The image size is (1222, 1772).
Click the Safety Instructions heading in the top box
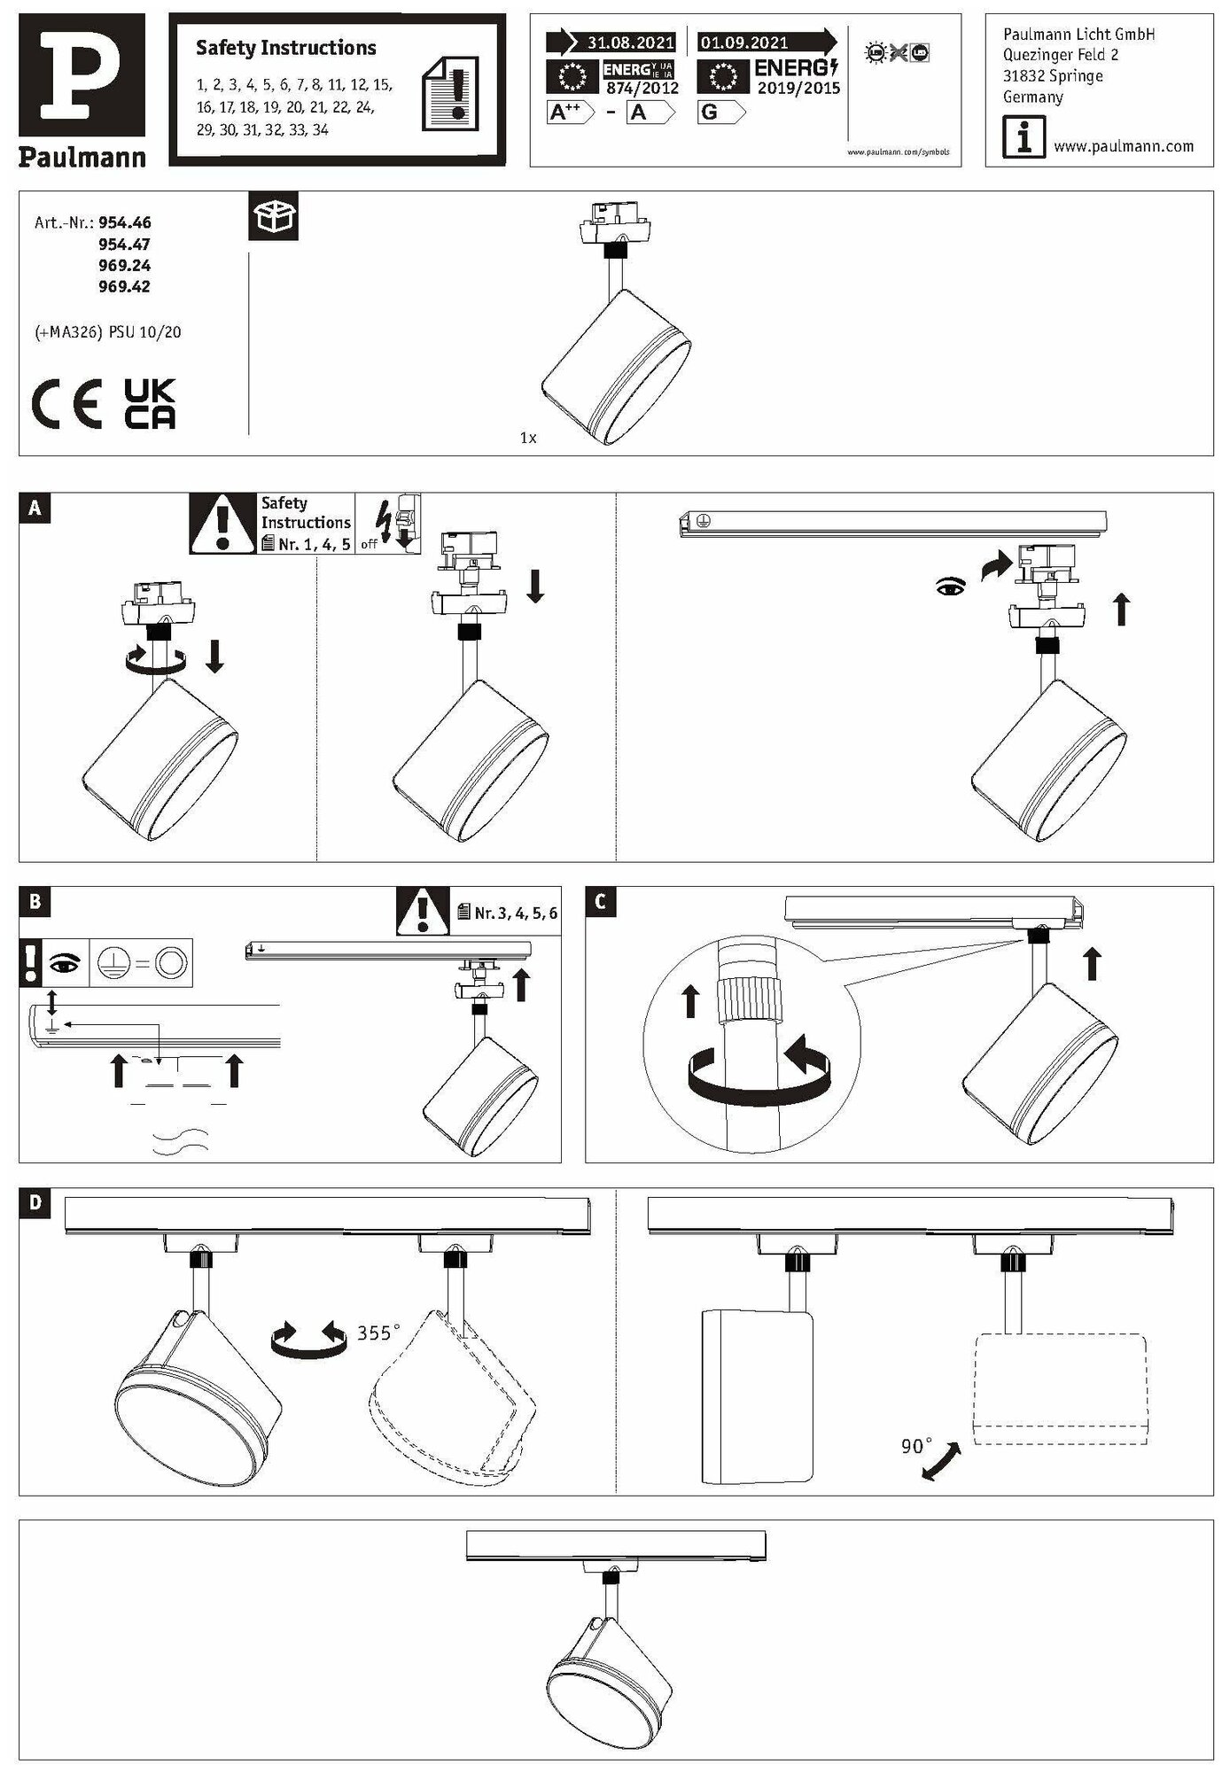click(x=285, y=48)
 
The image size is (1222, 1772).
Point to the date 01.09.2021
click(x=743, y=43)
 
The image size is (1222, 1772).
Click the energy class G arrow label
click(x=720, y=113)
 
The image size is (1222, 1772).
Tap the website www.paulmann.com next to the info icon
click(x=1123, y=147)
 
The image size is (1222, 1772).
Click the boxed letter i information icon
click(x=1023, y=140)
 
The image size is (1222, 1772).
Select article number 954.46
click(x=124, y=223)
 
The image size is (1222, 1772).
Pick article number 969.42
click(x=124, y=287)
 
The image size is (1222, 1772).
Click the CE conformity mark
click(x=66, y=404)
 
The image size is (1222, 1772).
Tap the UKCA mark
click(x=150, y=404)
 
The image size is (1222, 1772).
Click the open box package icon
click(x=273, y=215)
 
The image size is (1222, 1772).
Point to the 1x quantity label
click(x=528, y=438)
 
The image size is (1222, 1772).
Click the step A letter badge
click(x=35, y=508)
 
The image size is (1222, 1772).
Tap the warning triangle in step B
click(x=423, y=912)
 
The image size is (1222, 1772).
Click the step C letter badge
click(x=601, y=902)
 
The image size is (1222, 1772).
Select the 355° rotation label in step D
click(x=378, y=1333)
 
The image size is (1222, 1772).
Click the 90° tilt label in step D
click(x=916, y=1446)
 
